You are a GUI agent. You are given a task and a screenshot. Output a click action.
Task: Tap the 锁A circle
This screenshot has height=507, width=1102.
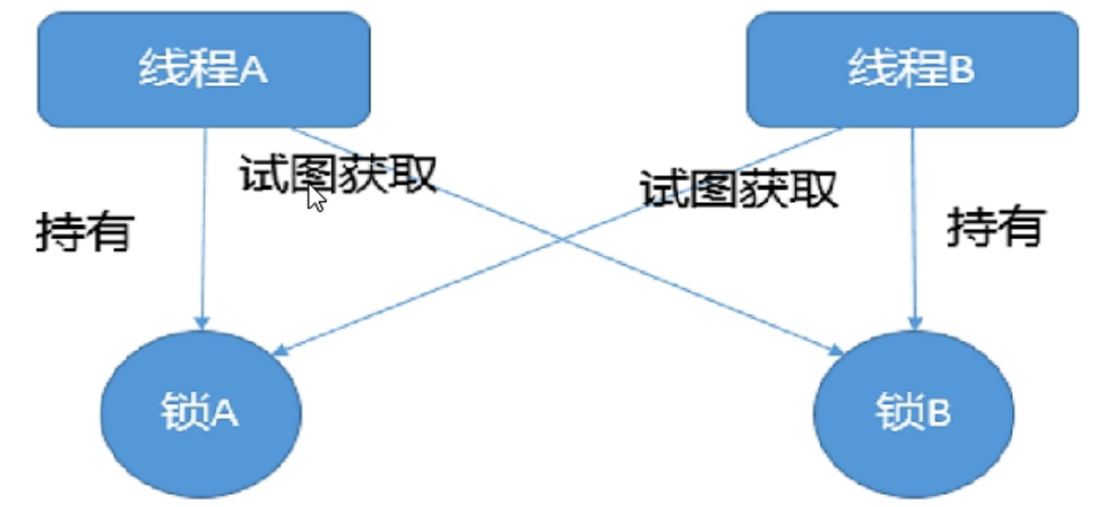(x=202, y=410)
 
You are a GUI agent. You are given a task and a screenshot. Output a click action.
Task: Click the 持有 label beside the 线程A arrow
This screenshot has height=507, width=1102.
(x=84, y=233)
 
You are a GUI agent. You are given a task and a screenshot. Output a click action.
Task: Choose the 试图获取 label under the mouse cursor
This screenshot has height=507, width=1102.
(x=338, y=174)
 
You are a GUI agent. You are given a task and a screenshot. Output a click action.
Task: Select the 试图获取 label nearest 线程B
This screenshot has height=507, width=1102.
(x=738, y=187)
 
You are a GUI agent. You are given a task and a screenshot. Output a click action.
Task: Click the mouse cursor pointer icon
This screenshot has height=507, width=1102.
(x=316, y=198)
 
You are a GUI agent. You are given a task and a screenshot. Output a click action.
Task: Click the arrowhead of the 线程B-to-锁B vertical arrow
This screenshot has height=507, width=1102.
(x=914, y=323)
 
